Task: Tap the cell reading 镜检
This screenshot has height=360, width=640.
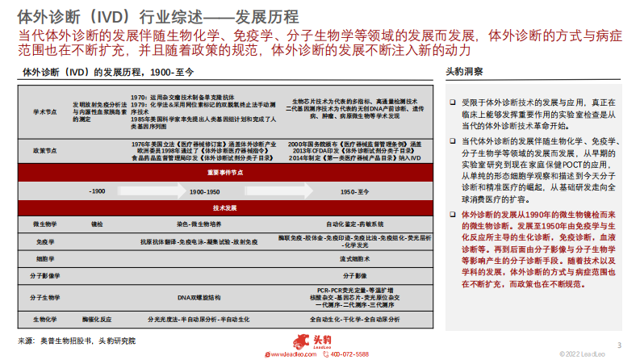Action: point(98,222)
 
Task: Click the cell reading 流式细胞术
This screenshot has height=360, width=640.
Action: point(354,258)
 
